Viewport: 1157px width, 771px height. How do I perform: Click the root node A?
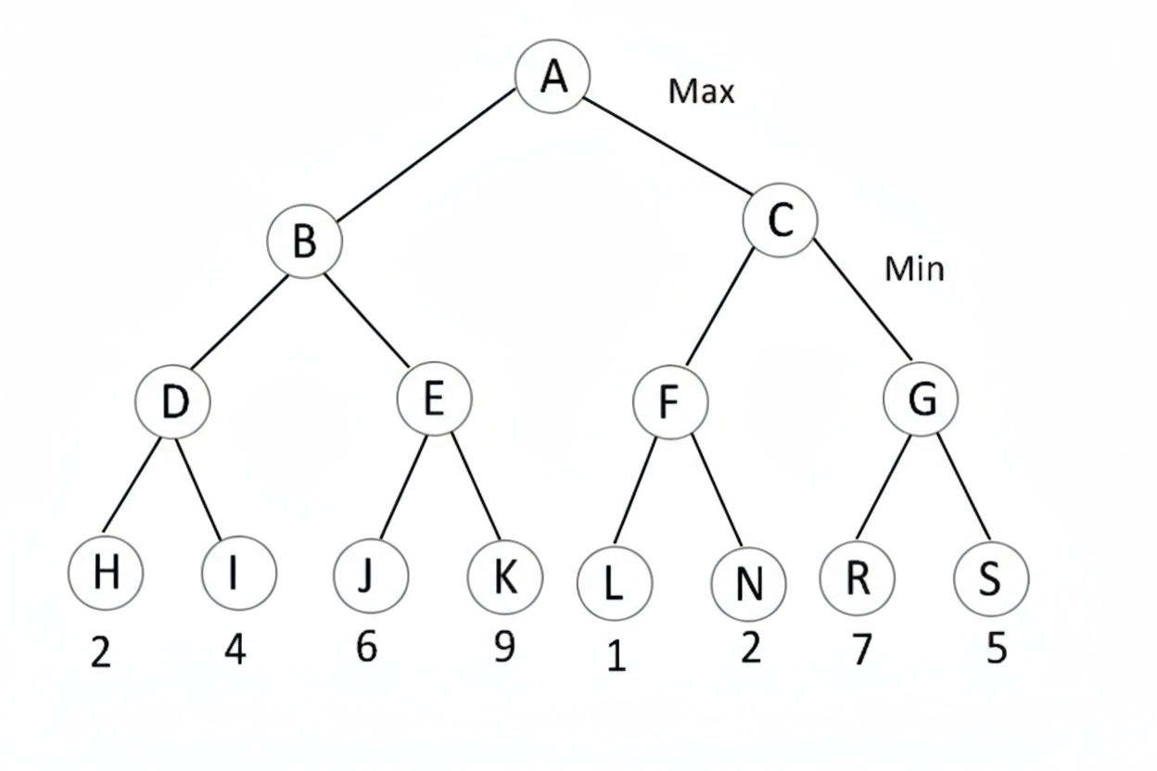(553, 76)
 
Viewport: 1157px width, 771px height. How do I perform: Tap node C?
(781, 220)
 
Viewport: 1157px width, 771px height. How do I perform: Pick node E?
(434, 399)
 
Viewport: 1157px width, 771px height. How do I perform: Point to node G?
(922, 399)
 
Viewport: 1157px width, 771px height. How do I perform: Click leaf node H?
(106, 573)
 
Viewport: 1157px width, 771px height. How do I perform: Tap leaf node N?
(748, 584)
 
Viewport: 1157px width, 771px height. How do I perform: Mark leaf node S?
(990, 579)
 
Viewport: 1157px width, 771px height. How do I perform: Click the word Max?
(701, 91)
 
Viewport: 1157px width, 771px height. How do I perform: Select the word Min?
(914, 269)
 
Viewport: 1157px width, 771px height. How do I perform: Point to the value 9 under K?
(503, 647)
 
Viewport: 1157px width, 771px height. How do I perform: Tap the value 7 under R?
(861, 651)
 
